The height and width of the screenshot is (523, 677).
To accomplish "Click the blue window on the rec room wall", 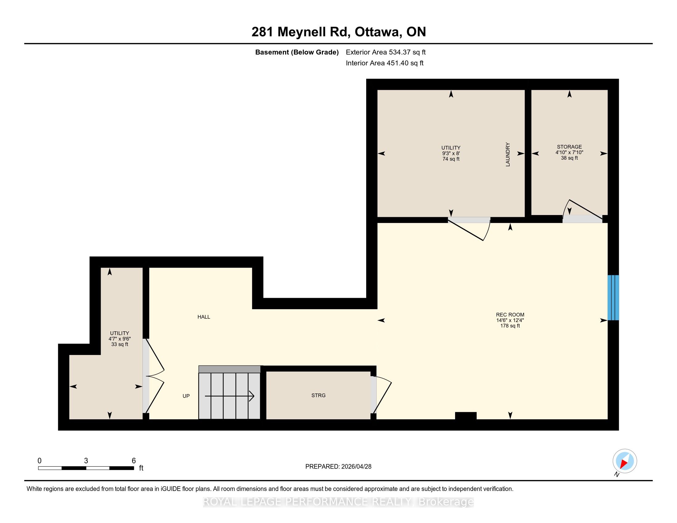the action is point(613,297).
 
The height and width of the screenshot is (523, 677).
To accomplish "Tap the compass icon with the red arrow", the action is point(625,461).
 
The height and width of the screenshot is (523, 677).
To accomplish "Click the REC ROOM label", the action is point(510,315).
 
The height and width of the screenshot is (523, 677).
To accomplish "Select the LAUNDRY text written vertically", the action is point(508,154).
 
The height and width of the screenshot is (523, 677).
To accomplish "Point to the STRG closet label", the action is point(318,395).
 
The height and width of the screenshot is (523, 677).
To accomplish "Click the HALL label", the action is point(204,317).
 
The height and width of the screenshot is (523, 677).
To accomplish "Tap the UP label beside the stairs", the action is point(186,396).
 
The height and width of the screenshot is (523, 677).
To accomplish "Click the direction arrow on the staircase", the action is point(229,396).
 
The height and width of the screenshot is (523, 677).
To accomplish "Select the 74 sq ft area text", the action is point(451,159).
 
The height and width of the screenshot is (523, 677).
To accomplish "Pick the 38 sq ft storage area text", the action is point(569,158).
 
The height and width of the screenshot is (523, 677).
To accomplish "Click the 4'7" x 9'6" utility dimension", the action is point(120,339).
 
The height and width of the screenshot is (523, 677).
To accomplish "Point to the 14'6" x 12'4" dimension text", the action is point(510,320).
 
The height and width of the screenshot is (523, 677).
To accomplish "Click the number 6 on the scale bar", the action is point(134,461).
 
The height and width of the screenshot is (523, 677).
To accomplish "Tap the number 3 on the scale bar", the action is point(86,461).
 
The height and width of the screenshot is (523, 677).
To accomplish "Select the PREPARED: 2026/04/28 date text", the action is point(338,466).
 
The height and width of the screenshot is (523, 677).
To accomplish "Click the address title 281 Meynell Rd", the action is point(301,32).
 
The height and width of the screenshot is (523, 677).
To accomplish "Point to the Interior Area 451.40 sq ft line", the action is point(385,63).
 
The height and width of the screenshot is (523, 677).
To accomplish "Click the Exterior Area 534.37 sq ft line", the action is point(386,52).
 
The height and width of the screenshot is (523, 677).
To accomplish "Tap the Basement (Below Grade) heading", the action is point(297,52).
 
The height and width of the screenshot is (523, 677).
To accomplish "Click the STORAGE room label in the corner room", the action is point(569,147).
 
